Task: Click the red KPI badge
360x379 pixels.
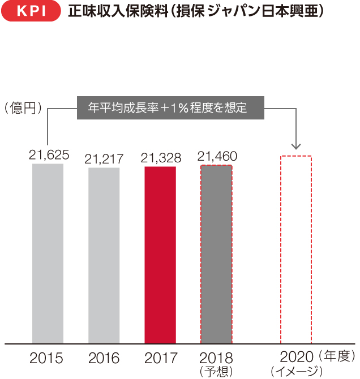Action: pyautogui.click(x=31, y=12)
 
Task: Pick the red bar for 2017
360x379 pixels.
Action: pyautogui.click(x=160, y=255)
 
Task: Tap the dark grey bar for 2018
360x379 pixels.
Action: pyautogui.click(x=216, y=254)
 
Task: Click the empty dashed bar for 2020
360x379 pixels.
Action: pyautogui.click(x=296, y=249)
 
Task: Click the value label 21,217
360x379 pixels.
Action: pyautogui.click(x=104, y=159)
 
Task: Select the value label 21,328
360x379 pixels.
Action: pyautogui.click(x=161, y=158)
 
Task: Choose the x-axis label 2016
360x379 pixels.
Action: pyautogui.click(x=104, y=358)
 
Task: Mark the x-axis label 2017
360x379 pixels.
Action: pyautogui.click(x=161, y=358)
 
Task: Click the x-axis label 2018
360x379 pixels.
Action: pyautogui.click(x=216, y=358)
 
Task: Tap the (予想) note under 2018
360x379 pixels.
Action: pyautogui.click(x=216, y=371)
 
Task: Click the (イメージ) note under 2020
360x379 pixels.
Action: pyautogui.click(x=296, y=372)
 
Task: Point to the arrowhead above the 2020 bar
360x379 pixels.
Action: pyautogui.click(x=296, y=146)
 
